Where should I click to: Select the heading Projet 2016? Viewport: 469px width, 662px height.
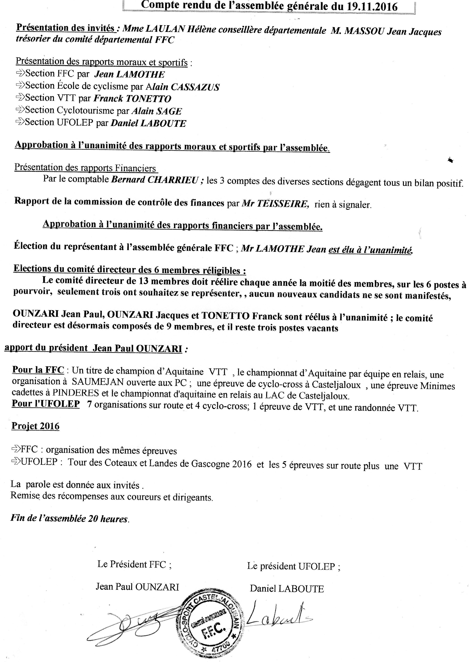(36, 426)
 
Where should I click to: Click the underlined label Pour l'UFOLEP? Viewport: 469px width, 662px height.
(46, 404)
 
